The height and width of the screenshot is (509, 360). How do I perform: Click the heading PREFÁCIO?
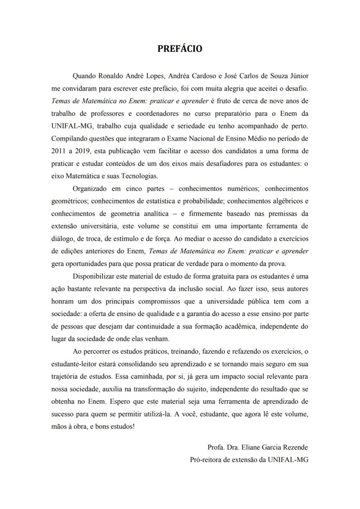pyautogui.click(x=180, y=49)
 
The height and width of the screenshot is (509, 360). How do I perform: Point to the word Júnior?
pyautogui.click(x=299, y=76)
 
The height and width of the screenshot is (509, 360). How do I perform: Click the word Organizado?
pyautogui.click(x=90, y=189)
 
